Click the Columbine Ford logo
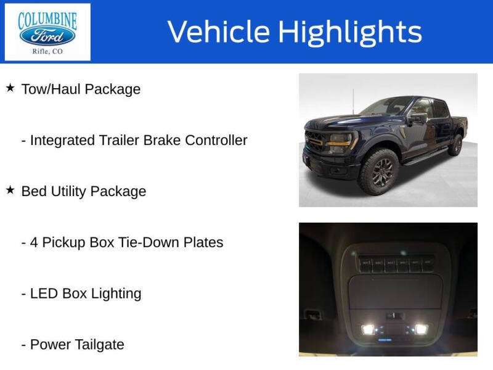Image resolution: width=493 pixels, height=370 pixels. click(47, 31)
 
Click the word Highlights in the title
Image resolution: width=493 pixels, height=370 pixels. click(349, 32)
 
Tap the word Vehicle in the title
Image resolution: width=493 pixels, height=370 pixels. click(219, 32)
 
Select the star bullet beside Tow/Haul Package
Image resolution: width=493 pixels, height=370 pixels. click(10, 88)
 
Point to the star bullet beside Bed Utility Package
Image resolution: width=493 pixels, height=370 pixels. click(10, 191)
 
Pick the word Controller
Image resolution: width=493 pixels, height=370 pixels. click(213, 140)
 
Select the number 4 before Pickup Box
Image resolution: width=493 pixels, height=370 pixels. click(35, 242)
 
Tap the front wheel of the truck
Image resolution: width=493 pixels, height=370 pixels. click(378, 171)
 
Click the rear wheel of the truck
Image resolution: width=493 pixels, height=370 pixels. click(456, 145)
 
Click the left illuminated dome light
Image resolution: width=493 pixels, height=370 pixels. click(368, 329)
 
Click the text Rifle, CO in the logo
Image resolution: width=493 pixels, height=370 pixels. click(47, 52)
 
